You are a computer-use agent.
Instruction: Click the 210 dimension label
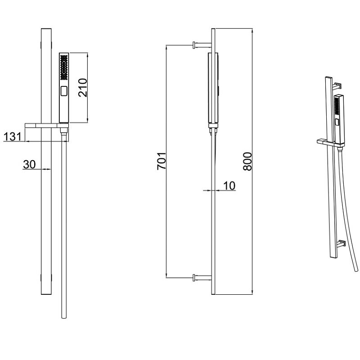(x=83, y=88)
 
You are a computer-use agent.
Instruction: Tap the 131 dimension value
(x=13, y=137)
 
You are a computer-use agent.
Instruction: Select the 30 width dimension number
(x=29, y=164)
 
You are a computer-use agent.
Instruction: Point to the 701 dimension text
(x=161, y=161)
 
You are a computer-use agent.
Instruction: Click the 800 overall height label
(x=247, y=161)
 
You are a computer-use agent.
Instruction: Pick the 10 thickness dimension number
(x=229, y=185)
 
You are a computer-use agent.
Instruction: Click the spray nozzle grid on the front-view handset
(x=64, y=67)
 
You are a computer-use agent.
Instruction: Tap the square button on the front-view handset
(x=64, y=91)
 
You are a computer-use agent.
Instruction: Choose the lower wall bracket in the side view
(x=202, y=277)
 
